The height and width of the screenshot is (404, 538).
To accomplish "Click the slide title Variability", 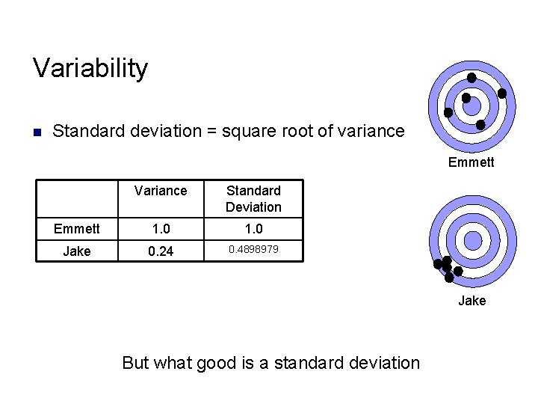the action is pyautogui.click(x=90, y=68).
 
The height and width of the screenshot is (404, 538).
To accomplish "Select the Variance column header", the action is pyautogui.click(x=161, y=191).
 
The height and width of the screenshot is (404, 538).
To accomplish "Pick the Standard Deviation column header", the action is pyautogui.click(x=253, y=199).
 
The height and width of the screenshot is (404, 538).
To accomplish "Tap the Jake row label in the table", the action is pyautogui.click(x=76, y=251).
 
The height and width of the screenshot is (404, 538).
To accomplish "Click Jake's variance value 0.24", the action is pyautogui.click(x=161, y=251).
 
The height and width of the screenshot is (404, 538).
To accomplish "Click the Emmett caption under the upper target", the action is pyautogui.click(x=471, y=162).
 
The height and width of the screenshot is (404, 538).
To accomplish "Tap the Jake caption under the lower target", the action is pyautogui.click(x=471, y=300).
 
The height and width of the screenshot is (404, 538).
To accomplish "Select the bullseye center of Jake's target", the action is pyautogui.click(x=472, y=240).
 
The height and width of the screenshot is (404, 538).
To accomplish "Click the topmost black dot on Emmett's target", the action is pyautogui.click(x=471, y=78).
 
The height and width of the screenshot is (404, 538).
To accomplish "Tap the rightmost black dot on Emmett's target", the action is pyautogui.click(x=502, y=94).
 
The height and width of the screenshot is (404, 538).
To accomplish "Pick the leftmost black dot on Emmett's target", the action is pyautogui.click(x=448, y=113).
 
